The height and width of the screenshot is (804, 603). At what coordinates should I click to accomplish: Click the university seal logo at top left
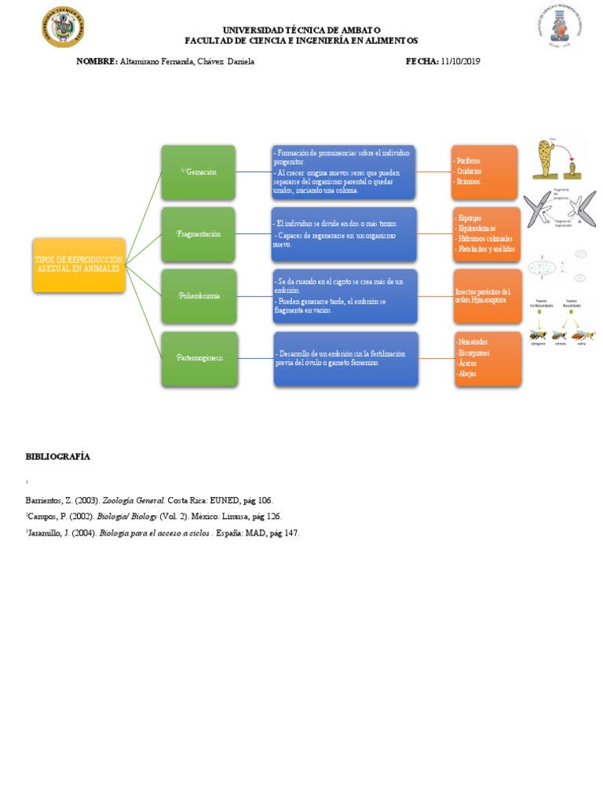coord(63,28)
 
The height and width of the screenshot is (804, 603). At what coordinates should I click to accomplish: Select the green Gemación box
coord(198,172)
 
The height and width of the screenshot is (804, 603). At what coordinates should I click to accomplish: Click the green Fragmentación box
coord(198,234)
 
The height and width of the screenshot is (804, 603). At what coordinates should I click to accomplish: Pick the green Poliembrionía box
coord(198,296)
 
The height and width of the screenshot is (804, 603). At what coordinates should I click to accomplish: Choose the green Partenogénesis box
coord(199,358)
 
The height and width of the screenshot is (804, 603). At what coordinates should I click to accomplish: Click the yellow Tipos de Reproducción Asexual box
coord(79,265)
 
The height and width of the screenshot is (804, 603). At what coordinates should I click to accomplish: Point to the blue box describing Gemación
coord(344,171)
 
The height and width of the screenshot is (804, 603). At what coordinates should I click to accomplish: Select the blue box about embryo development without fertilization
coord(345,359)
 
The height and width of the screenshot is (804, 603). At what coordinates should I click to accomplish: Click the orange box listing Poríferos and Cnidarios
coord(484,171)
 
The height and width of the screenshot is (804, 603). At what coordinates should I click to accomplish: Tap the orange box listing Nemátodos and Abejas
coord(488,359)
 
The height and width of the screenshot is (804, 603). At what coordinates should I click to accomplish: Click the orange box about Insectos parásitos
coord(487,296)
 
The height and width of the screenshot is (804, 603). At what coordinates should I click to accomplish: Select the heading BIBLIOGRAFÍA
coord(58,456)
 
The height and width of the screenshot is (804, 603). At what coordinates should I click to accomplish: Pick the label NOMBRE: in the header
coord(97,61)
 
